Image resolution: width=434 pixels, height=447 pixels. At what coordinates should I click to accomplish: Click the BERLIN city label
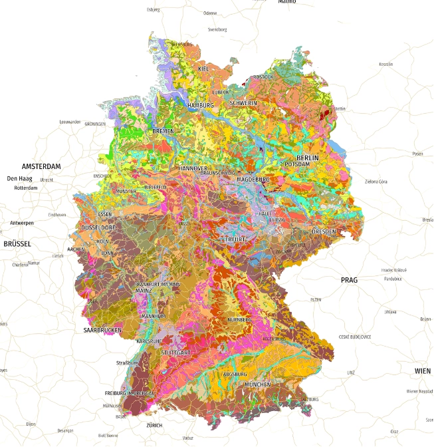coord(308,158)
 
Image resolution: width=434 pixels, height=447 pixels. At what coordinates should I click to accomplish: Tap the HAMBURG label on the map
coord(201,106)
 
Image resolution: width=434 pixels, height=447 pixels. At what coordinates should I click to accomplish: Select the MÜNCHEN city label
coord(257,384)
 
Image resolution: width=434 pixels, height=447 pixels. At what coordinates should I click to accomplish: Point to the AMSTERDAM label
coord(41,166)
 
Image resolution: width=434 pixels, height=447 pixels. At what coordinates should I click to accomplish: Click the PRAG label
coord(349,280)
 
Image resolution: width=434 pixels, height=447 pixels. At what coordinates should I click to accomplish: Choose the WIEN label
coord(422,371)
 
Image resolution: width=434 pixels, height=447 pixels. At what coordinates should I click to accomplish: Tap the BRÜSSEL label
coord(17,244)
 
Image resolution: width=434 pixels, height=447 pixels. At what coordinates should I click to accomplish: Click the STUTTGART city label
coord(176,351)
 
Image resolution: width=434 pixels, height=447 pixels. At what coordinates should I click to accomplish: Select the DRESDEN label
coord(324,231)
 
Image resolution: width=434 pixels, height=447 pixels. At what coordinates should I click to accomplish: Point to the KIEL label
coord(204,69)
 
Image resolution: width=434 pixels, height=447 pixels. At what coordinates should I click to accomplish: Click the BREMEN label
coord(163,131)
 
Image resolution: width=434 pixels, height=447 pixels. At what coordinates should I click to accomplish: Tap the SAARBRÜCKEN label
coord(102,330)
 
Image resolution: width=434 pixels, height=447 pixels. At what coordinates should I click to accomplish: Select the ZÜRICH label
coord(154,425)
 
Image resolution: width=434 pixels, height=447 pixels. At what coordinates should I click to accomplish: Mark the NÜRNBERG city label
coord(240,320)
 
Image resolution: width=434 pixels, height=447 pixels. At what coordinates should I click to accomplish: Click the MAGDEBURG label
coord(253,180)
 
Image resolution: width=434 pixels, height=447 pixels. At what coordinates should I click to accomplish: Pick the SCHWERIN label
coord(243,104)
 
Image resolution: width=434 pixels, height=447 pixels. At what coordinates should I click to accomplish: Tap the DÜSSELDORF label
coord(98,227)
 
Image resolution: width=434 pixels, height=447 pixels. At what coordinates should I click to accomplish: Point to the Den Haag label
coord(20,178)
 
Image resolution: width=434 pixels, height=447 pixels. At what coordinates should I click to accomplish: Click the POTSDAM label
coord(297,164)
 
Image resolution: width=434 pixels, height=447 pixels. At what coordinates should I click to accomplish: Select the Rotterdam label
coord(23,188)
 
